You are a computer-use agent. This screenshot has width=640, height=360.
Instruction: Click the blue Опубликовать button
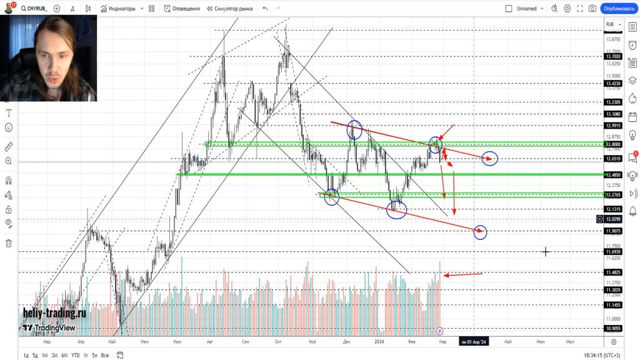coord(618,9)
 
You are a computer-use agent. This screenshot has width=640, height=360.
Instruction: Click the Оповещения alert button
coord(182,9)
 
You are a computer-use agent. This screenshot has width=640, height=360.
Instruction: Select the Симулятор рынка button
coord(231,9)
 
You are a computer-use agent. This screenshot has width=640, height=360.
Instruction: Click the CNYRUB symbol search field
coord(36,9)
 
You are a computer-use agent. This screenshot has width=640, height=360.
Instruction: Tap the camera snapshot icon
coord(592,9)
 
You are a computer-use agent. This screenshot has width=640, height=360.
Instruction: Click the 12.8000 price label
coord(613,144)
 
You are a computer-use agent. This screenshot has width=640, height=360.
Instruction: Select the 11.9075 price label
coord(613,231)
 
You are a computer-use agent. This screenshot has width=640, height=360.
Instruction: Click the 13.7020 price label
coord(613,56)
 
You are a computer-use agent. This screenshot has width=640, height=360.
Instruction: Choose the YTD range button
coord(75,355)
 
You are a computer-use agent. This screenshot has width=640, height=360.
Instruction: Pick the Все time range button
coord(105,355)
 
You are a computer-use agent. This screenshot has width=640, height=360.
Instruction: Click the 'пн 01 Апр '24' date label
coord(473,342)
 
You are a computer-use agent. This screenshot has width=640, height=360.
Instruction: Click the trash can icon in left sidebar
coord(9,243)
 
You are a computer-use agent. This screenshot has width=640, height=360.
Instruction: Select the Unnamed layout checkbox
coord(509,9)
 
